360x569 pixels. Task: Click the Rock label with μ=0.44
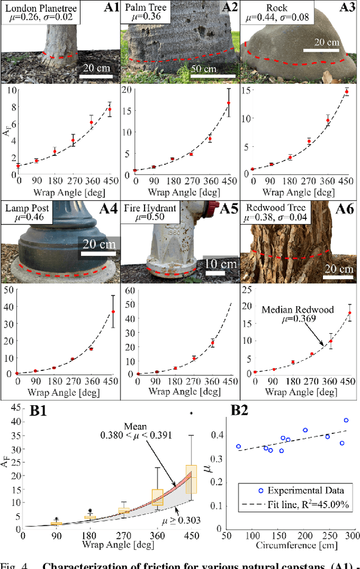coord(275,14)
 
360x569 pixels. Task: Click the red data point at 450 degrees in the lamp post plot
coord(113,311)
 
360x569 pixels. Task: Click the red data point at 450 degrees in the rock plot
coord(346,92)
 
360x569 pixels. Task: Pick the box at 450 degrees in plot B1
coord(191,478)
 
